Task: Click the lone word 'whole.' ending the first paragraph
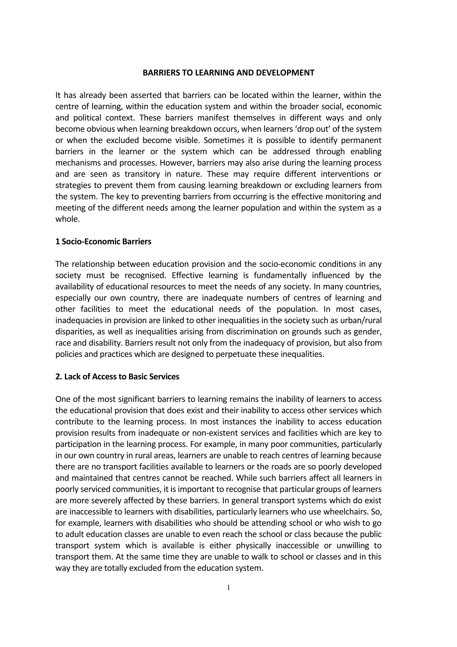point(68,219)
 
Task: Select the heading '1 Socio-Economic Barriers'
point(103,242)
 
